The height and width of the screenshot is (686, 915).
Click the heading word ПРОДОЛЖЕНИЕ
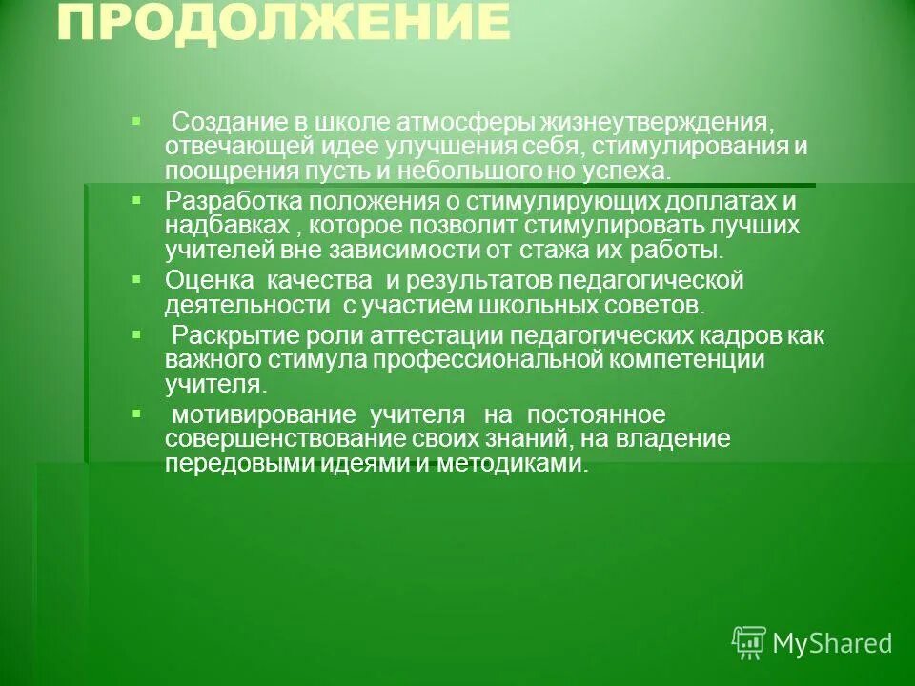[282, 24]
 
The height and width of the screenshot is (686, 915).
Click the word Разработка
[223, 203]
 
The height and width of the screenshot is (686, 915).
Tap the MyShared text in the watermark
[831, 643]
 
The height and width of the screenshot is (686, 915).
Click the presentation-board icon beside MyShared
[749, 642]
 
